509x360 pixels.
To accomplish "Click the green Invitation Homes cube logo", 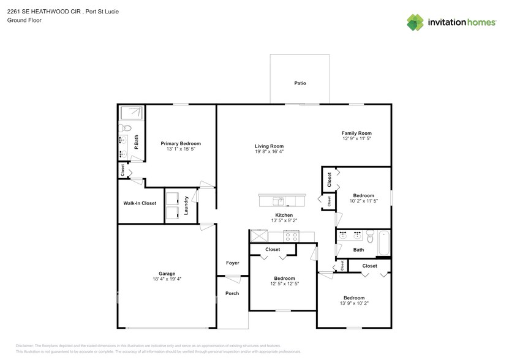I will [x=415, y=22].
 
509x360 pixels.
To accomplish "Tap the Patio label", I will [x=300, y=83].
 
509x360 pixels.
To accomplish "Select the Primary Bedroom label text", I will [x=181, y=143].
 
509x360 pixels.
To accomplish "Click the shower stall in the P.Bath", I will [x=132, y=113].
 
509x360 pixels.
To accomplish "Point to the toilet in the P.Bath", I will [x=124, y=128].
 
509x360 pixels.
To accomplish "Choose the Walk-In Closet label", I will [x=140, y=203].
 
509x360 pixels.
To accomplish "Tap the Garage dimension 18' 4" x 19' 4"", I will [x=167, y=279].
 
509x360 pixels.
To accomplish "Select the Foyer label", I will [x=232, y=263].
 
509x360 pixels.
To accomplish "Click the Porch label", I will [x=232, y=293].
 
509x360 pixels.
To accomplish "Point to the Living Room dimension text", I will [x=270, y=152].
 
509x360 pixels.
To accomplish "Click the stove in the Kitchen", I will [x=292, y=236].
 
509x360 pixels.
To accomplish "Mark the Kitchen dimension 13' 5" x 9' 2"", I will [x=284, y=221].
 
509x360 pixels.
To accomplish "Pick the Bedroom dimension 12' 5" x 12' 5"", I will [x=284, y=283].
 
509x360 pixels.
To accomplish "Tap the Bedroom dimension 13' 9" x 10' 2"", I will [x=353, y=302].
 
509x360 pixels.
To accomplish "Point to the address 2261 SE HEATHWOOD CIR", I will [x=44, y=9].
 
